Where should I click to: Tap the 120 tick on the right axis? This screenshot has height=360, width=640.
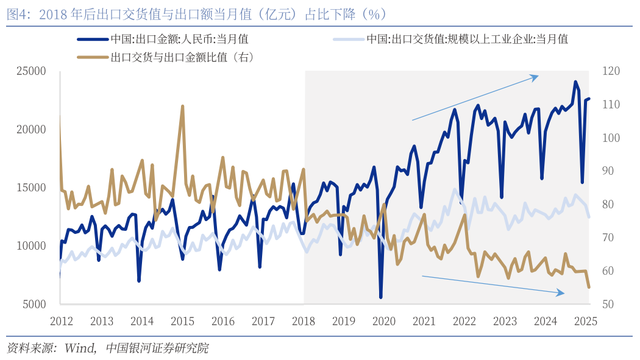pos(611,71)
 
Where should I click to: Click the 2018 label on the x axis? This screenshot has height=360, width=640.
pos(304,321)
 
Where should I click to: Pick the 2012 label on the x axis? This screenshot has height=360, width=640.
pos(62,321)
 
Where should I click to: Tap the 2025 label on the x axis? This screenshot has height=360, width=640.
pos(586,321)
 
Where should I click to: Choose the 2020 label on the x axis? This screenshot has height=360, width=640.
pos(384,321)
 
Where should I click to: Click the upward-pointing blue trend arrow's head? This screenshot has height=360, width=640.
pos(537,76)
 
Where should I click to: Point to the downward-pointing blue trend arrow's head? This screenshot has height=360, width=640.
pos(563,294)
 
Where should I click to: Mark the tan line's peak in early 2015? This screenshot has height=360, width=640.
pos(182,106)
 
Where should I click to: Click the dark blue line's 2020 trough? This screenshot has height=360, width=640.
pos(381,297)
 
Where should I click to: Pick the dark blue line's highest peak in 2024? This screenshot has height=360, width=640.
pos(575,82)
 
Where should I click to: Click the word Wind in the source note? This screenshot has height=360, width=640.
pos(79,348)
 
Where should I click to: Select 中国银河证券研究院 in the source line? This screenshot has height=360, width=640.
pos(157,348)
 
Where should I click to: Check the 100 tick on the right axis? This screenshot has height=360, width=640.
pos(611,138)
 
